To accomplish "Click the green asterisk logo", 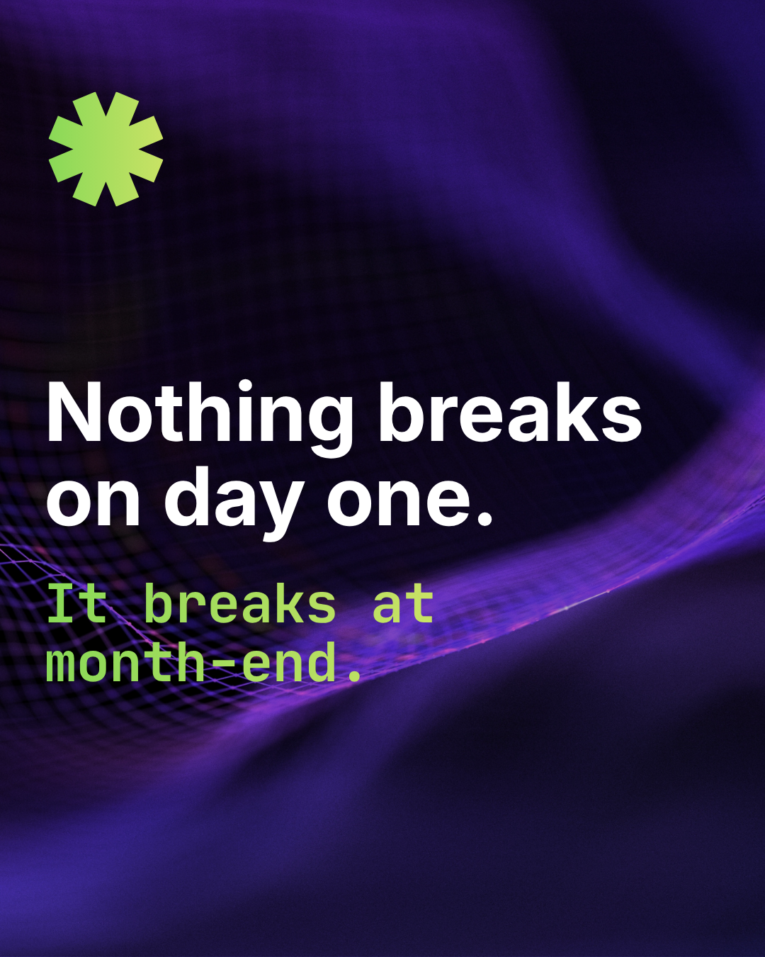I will [106, 149].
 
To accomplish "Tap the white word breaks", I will [509, 414].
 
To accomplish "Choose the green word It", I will [76, 604].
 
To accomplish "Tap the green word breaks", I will [239, 604].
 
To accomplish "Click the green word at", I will [402, 604].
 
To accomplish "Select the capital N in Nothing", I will [75, 413].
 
